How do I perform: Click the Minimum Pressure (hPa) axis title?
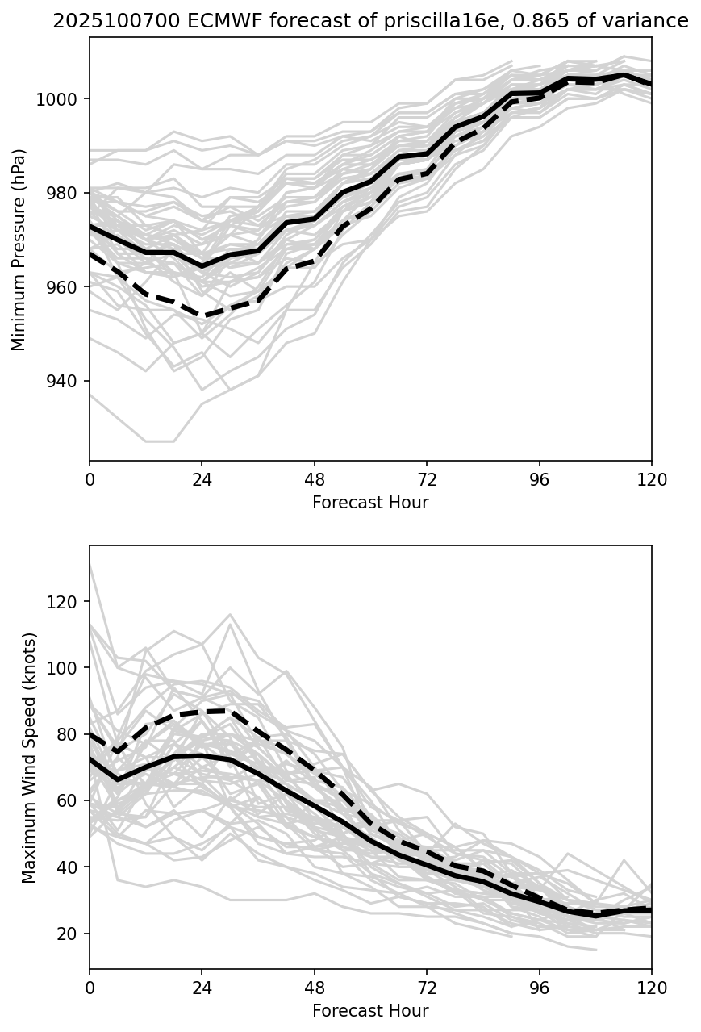click(19, 249)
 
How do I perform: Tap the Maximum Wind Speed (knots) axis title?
click(29, 758)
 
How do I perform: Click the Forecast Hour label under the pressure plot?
click(370, 503)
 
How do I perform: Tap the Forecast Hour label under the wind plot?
click(370, 1011)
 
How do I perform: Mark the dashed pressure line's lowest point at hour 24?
click(202, 315)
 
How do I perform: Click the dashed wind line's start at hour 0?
click(90, 734)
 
